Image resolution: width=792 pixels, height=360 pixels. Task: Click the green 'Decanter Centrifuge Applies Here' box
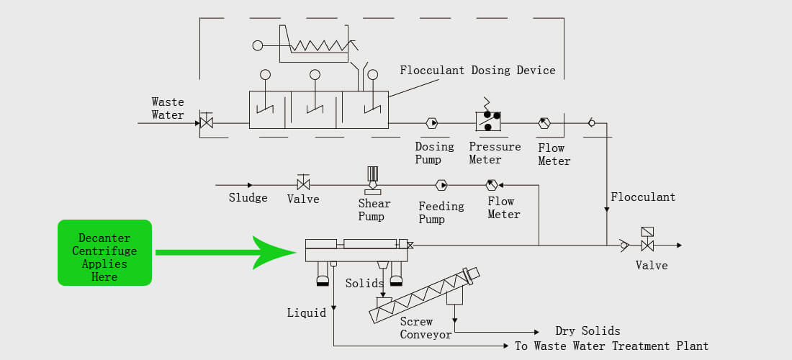104,253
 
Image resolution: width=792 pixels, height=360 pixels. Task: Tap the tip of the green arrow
295,252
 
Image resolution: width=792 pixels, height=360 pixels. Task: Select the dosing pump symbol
432,122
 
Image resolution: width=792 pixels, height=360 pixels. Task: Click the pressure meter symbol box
488,121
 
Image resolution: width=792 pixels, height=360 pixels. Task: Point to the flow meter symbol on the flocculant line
544,122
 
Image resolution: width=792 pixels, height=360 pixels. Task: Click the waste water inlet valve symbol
206,121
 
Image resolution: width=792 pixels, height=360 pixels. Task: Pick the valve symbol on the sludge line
303,184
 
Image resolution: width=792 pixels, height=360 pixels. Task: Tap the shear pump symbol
373,180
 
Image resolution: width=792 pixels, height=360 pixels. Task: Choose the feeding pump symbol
441,185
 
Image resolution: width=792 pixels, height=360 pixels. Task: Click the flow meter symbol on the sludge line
492,185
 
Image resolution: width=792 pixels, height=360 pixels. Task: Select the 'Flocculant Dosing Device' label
477,70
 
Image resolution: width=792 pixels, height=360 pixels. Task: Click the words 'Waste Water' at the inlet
168,109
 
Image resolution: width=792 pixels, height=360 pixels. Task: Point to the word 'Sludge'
248,197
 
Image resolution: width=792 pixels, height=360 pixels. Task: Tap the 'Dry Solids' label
588,331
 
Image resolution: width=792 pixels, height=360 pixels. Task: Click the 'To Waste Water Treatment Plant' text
612,346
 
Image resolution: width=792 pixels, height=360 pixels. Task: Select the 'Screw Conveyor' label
419,328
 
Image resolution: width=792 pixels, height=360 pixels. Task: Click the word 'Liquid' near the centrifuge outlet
307,313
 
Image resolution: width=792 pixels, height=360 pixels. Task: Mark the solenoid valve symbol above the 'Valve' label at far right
647,239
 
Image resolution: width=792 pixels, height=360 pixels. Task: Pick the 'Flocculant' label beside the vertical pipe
643,197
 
